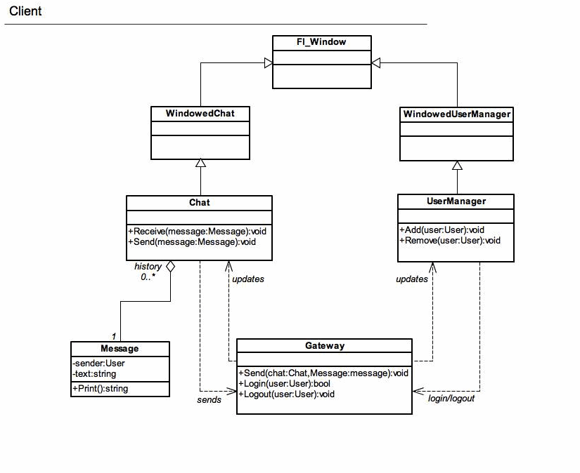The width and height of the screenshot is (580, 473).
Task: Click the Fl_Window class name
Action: pyautogui.click(x=321, y=41)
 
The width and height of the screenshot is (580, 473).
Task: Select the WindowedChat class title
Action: pyautogui.click(x=200, y=114)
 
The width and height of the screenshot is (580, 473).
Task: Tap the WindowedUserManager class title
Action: pyautogui.click(x=457, y=114)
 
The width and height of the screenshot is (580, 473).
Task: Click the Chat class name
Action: pyautogui.click(x=200, y=202)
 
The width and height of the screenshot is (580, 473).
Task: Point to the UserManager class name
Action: pyautogui.click(x=456, y=201)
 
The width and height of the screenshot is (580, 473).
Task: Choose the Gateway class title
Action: pyautogui.click(x=325, y=345)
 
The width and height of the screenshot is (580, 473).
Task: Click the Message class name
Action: pyautogui.click(x=120, y=349)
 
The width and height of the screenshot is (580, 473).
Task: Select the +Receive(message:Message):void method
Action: pyautogui.click(x=197, y=232)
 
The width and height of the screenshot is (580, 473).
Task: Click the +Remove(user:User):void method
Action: pyautogui.click(x=450, y=241)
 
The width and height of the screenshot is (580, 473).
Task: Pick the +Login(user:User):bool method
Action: pyautogui.click(x=285, y=384)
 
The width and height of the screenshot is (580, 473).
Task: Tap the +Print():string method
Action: pyautogui.click(x=101, y=389)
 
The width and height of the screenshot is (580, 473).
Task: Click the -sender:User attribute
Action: pyautogui.click(x=98, y=364)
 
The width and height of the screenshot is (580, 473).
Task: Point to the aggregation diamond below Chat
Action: pyautogui.click(x=170, y=267)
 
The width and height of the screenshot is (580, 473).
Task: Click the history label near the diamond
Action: pyautogui.click(x=148, y=266)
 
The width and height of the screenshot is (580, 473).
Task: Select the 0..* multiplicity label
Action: pyautogui.click(x=148, y=277)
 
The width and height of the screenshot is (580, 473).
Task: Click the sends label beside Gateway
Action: pyautogui.click(x=209, y=400)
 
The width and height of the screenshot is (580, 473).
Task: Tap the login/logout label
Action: pyautogui.click(x=451, y=399)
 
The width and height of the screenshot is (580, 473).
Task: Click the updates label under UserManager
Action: pyautogui.click(x=412, y=279)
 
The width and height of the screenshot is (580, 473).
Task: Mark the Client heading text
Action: pyautogui.click(x=25, y=11)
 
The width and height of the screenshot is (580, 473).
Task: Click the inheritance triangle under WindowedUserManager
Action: pyautogui.click(x=457, y=165)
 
